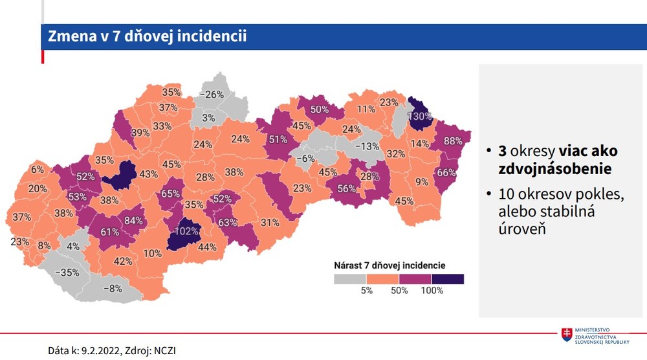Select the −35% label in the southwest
click(x=67, y=273)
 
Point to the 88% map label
click(x=452, y=141)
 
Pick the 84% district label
click(x=133, y=221)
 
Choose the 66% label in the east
click(x=447, y=172)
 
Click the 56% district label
click(x=347, y=188)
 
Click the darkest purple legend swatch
click(x=448, y=279)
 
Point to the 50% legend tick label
click(x=399, y=291)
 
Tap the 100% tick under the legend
click(x=432, y=291)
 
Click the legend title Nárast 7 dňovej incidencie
click(x=389, y=265)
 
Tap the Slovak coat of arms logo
click(x=567, y=335)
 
